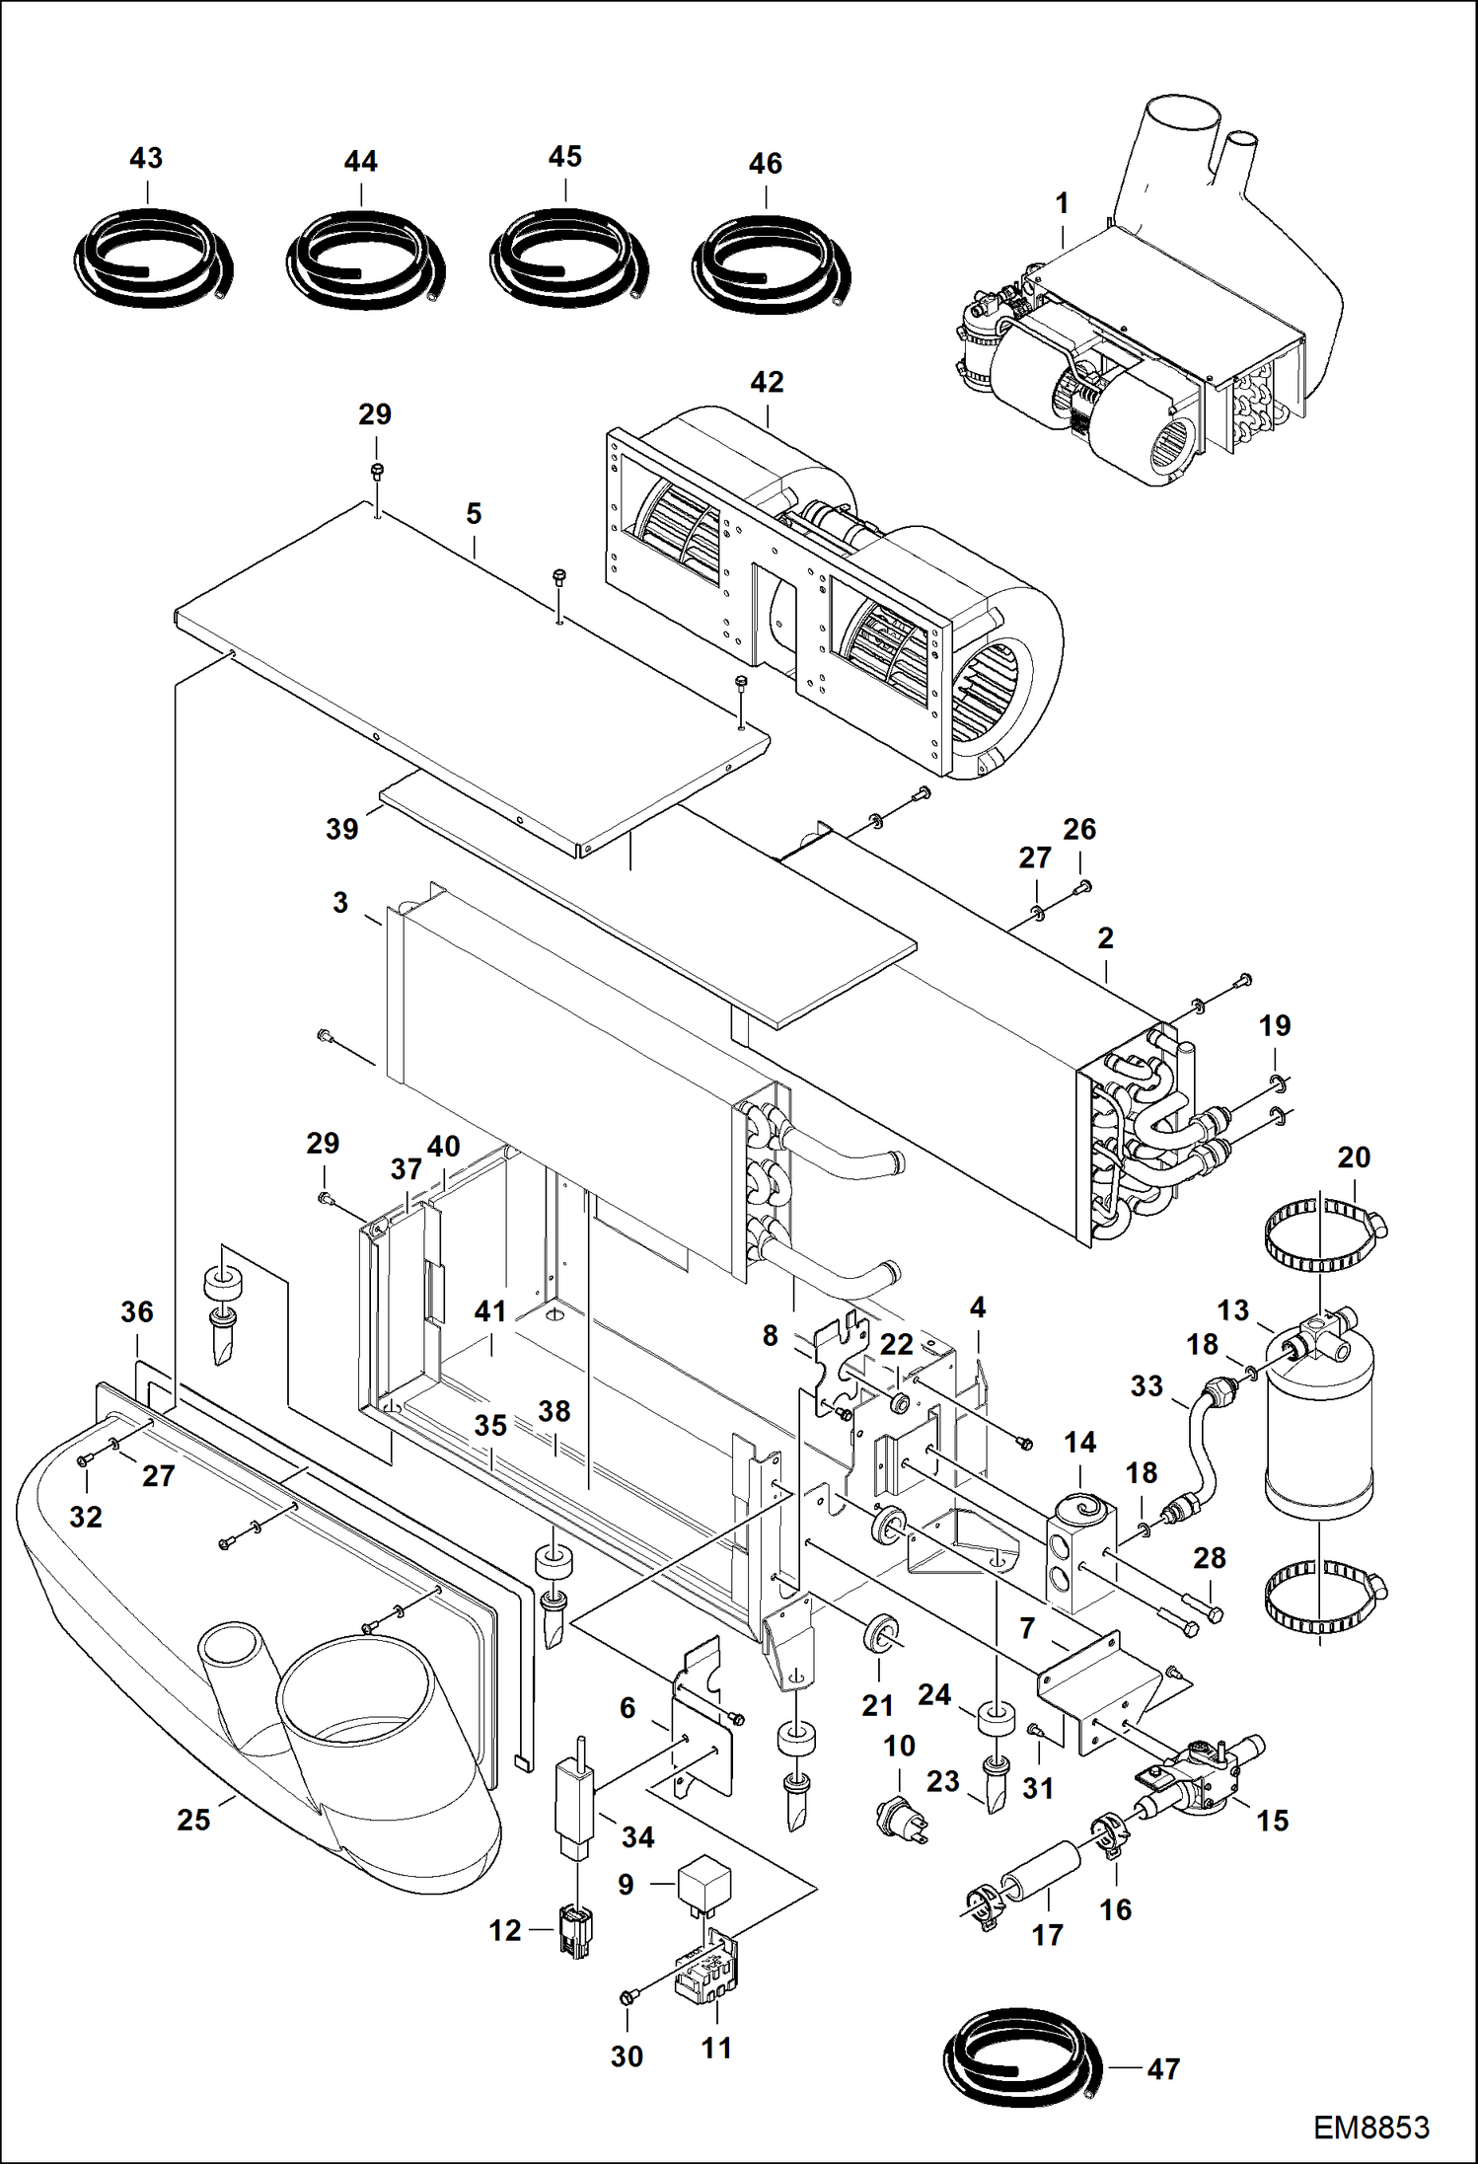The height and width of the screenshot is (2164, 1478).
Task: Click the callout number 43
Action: [146, 158]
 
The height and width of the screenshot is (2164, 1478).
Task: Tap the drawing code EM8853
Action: [1370, 2126]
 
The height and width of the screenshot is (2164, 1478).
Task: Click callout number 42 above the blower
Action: [767, 382]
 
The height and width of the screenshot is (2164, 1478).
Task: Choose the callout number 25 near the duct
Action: [193, 1819]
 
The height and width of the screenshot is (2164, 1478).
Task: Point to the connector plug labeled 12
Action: [575, 1930]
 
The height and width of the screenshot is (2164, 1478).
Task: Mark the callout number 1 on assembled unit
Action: [1062, 203]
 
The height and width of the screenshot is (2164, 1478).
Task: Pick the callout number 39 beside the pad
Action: [341, 829]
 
